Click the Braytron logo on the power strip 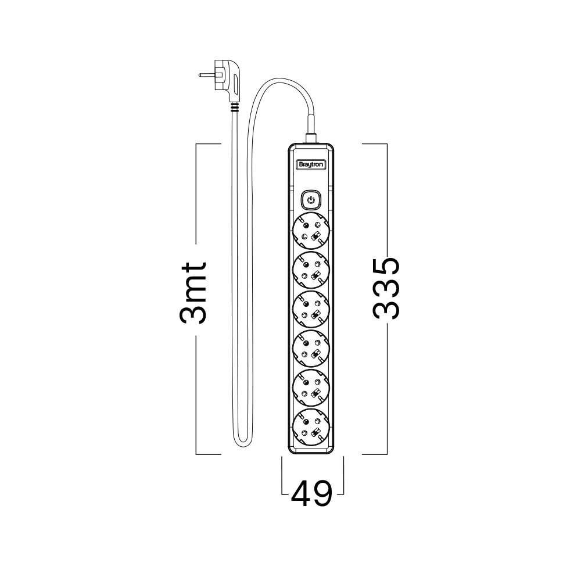pos(311,165)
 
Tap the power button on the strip pos(311,200)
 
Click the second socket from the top pos(311,270)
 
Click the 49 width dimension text pos(311,494)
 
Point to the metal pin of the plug pos(206,75)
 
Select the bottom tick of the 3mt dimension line pos(209,454)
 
